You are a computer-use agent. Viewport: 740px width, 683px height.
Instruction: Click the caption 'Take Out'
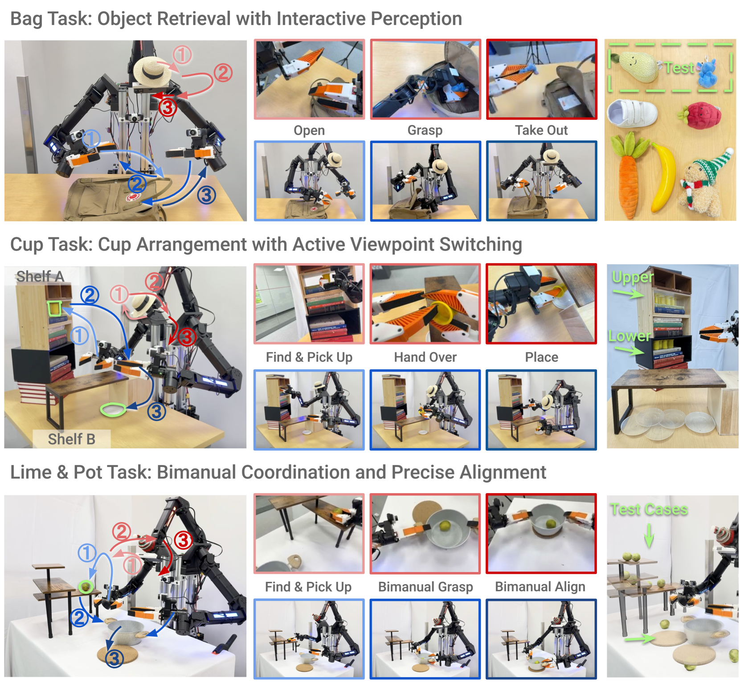(541, 130)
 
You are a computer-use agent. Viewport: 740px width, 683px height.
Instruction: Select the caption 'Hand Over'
(425, 357)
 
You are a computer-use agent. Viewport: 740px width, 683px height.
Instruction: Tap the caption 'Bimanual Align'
(540, 587)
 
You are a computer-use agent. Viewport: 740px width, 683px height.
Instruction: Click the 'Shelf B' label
(71, 439)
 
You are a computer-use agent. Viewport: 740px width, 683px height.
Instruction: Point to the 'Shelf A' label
(40, 276)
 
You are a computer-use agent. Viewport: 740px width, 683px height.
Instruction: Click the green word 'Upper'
(633, 278)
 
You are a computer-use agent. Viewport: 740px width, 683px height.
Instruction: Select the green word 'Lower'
(629, 335)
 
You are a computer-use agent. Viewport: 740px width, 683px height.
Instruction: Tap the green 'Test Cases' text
(649, 509)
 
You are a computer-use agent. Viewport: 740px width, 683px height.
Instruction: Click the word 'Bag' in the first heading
(26, 19)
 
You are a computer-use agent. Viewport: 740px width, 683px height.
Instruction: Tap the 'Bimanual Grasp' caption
(425, 587)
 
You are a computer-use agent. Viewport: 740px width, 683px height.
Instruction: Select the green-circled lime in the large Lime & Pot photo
(85, 586)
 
